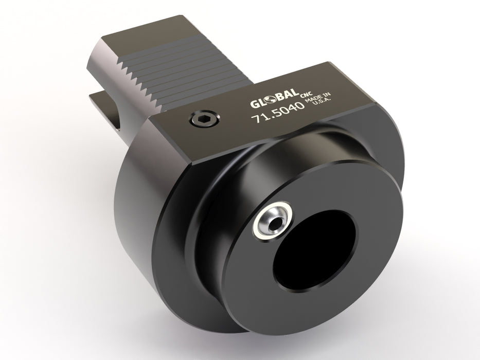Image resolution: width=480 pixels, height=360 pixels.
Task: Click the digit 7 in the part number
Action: point(254,119)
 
